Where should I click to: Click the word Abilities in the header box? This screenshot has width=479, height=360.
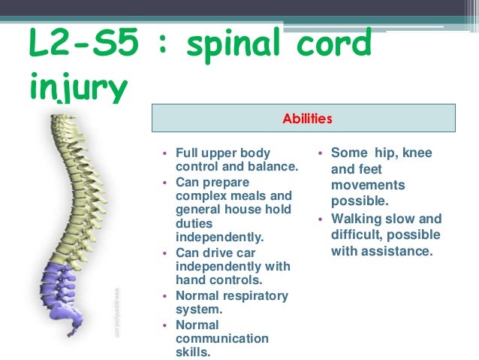point(306,119)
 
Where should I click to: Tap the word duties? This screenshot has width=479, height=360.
point(194,224)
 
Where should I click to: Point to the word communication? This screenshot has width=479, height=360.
point(221,338)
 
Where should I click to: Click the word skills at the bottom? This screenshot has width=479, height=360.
point(193,352)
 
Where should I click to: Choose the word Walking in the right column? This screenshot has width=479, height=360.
point(358,219)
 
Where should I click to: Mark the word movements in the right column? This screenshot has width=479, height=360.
point(368,185)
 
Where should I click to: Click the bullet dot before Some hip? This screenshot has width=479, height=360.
point(320,153)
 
